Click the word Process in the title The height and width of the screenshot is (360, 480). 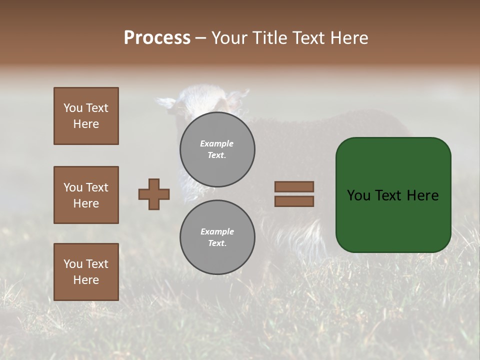(x=157, y=38)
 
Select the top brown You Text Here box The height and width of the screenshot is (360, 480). (x=86, y=116)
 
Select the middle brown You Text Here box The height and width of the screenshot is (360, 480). (x=86, y=195)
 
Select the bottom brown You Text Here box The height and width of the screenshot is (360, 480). (x=86, y=272)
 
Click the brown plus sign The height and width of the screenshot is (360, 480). (x=154, y=194)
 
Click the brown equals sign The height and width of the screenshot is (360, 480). (x=294, y=194)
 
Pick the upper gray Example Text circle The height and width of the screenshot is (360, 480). (x=217, y=149)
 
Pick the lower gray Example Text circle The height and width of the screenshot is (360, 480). (x=217, y=237)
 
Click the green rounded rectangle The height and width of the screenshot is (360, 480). (x=393, y=195)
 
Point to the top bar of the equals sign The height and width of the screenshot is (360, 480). (x=294, y=186)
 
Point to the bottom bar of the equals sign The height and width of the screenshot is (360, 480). (x=294, y=201)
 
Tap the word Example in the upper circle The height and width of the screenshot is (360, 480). (x=217, y=144)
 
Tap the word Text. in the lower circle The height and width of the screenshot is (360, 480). (x=217, y=243)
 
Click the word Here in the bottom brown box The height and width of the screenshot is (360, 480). (x=86, y=280)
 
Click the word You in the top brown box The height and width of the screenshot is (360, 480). (x=73, y=108)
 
